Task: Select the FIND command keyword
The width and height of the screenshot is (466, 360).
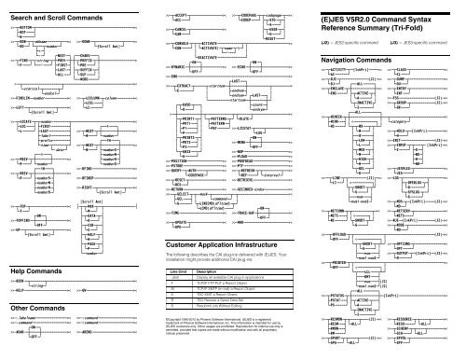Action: click(22, 60)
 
